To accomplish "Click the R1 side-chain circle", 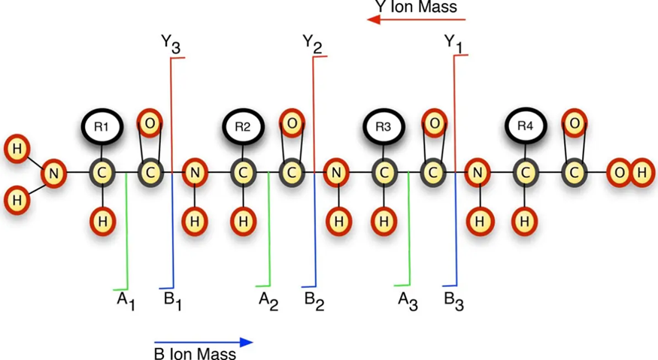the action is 101,126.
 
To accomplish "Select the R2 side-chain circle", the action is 242,126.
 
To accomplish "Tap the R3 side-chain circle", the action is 384,126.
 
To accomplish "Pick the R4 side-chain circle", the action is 525,126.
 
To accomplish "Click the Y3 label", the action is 171,45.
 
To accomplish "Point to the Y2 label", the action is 313,44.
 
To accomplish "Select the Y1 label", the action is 453,45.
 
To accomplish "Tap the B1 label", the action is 173,301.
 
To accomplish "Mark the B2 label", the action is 314,301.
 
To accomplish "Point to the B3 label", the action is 453,301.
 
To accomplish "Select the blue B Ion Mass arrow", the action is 203,342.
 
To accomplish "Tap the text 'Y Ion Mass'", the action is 416,7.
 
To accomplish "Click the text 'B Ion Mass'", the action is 196,352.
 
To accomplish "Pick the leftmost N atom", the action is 53,174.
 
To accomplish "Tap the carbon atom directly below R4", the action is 525,174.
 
